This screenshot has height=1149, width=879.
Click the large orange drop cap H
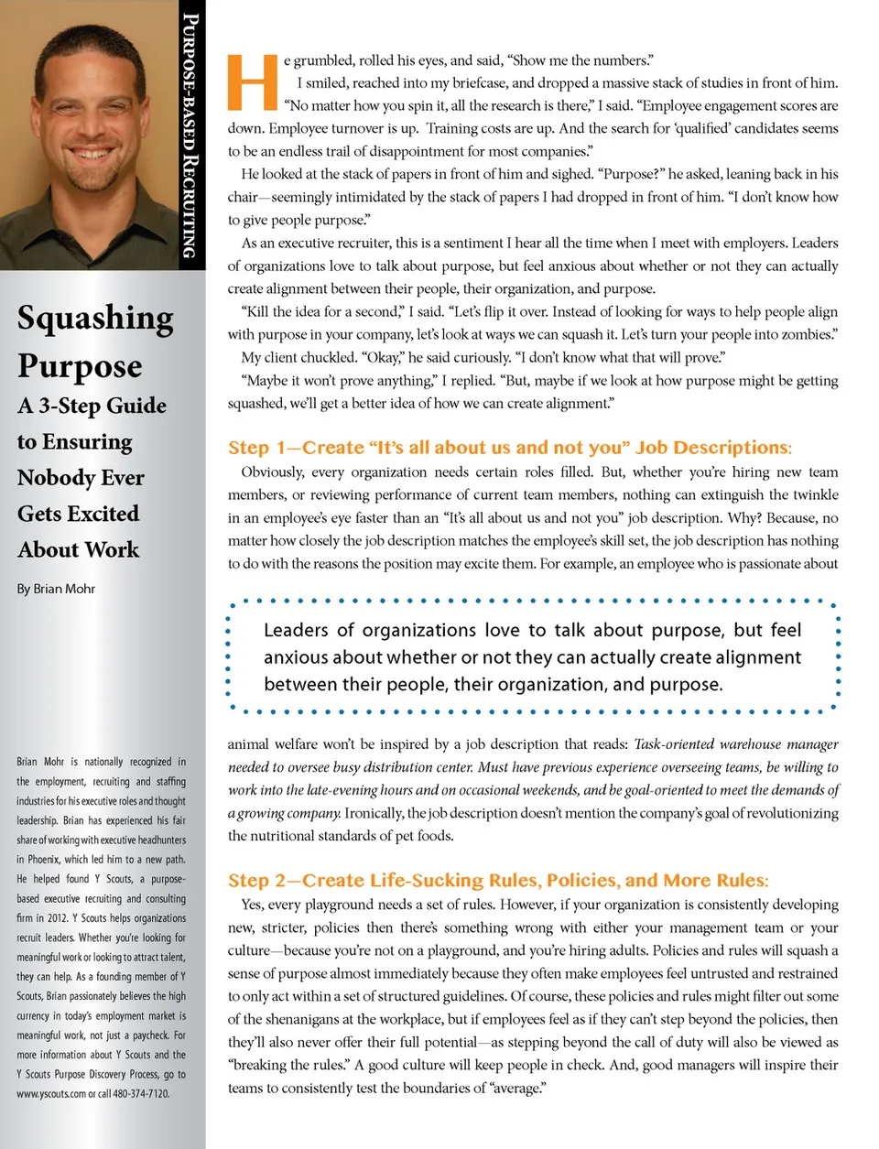[x=252, y=82]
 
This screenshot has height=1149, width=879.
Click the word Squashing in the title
[x=95, y=318]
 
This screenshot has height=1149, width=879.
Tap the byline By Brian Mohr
[x=56, y=589]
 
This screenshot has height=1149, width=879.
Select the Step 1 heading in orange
[x=510, y=448]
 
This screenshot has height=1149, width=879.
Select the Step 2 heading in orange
[x=498, y=881]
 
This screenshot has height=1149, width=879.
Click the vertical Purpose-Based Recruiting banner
[x=190, y=135]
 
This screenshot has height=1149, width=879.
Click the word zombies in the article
[x=808, y=334]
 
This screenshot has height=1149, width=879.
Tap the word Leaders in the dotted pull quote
[x=296, y=630]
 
